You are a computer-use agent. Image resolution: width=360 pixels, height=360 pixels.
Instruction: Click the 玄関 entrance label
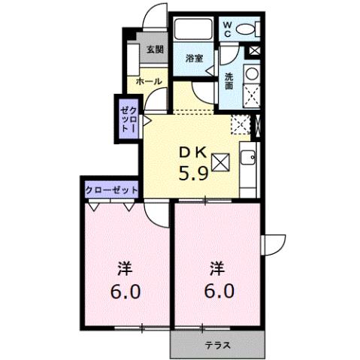154,50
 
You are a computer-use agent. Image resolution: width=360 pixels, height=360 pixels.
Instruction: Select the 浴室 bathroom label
194,58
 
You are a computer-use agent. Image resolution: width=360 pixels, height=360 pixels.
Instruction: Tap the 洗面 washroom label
229,80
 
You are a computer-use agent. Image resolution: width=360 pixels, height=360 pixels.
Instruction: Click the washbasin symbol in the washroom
251,73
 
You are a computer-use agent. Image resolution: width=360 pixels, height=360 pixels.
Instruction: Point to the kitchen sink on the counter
248,158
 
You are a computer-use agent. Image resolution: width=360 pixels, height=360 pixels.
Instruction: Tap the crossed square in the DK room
222,162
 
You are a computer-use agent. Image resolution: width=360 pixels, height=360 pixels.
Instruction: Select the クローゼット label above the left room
110,190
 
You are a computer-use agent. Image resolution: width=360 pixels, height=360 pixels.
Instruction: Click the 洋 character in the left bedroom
126,267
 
